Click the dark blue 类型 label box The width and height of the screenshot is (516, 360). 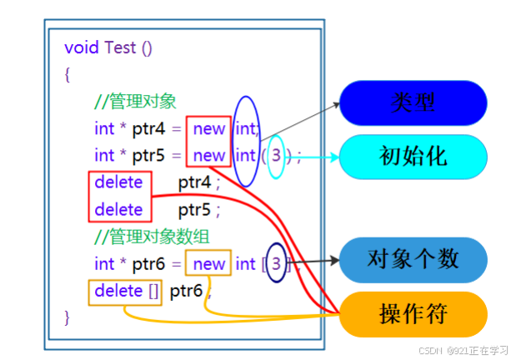point(413,103)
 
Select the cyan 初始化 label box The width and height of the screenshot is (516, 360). point(413,155)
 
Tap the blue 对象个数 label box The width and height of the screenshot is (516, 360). point(413,259)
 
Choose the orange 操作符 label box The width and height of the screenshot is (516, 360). point(413,314)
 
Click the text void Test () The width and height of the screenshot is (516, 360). point(108,47)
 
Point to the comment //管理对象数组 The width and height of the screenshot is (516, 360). point(148,237)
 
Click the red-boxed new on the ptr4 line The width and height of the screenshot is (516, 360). point(208,129)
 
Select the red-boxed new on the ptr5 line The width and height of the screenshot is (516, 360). point(208,155)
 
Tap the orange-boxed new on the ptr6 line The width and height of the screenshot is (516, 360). point(208,264)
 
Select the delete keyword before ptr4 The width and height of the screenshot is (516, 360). point(118,182)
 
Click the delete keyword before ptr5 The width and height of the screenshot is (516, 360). point(118,208)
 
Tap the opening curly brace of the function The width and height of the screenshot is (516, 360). point(67,74)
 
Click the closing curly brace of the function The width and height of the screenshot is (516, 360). point(67,317)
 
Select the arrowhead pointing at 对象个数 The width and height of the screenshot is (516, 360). point(335,260)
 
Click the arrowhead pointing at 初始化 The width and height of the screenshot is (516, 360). point(335,156)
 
